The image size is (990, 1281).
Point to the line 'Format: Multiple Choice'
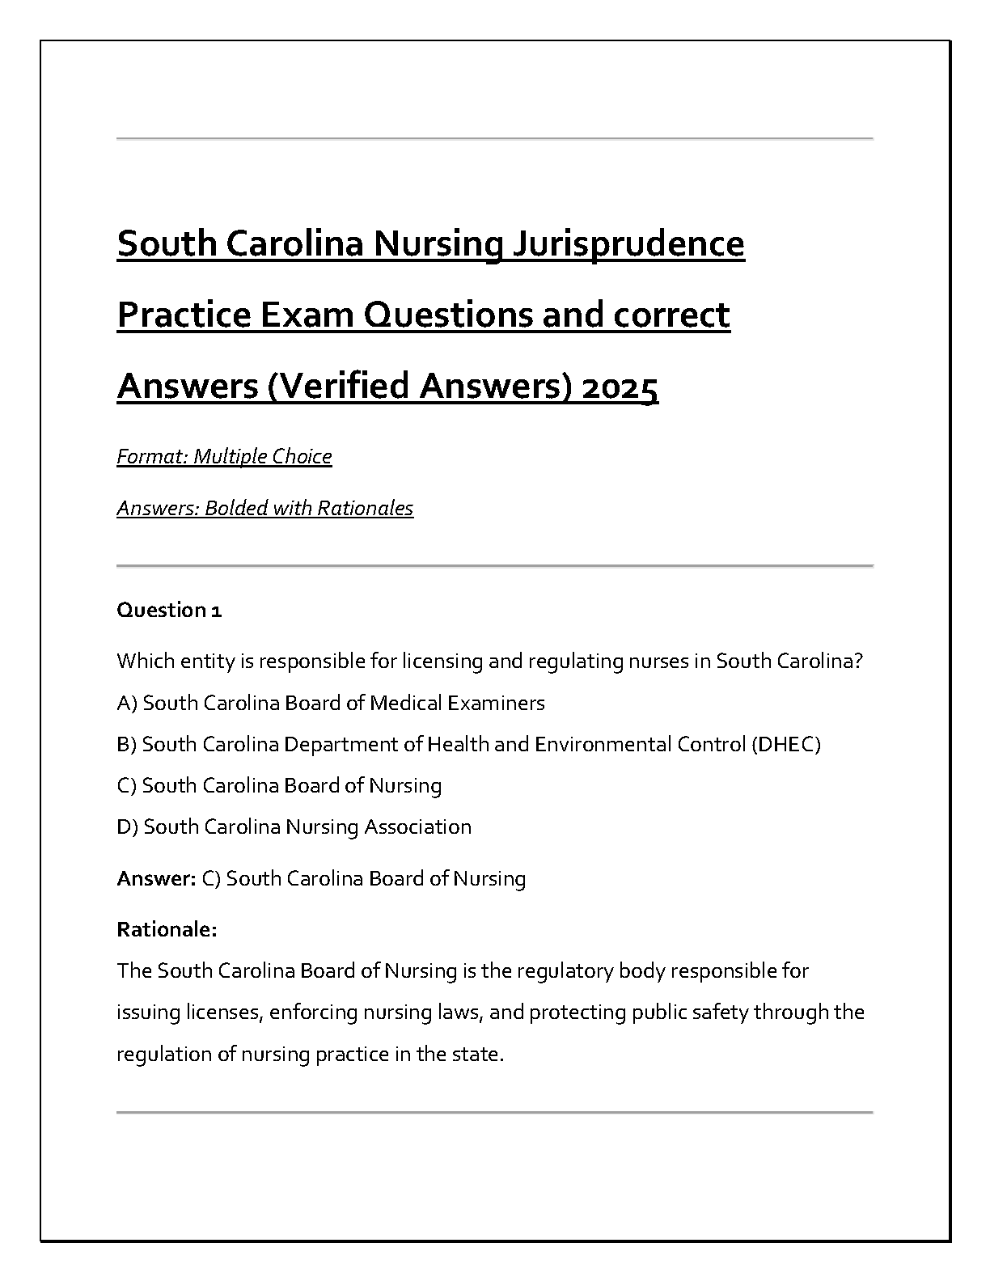tap(224, 457)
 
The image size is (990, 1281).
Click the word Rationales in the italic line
tap(365, 509)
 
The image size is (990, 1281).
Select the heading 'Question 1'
tap(169, 610)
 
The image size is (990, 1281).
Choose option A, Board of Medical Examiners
tap(330, 704)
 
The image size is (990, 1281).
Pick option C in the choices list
tap(279, 786)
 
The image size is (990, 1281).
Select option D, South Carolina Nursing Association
tap(294, 827)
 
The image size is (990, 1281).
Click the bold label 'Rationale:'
tap(167, 930)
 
